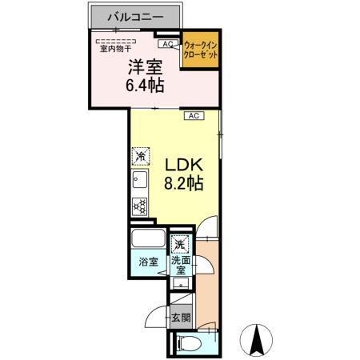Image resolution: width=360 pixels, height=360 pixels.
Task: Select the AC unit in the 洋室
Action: [x=169, y=44]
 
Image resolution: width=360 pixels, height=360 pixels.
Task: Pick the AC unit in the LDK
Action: [x=193, y=116]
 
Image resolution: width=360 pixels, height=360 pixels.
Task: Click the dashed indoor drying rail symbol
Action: [x=117, y=40]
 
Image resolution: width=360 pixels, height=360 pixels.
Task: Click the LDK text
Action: [x=185, y=164]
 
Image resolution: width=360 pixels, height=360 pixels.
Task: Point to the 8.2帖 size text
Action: [x=185, y=183]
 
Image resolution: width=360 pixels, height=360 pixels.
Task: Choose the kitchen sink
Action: [x=139, y=181]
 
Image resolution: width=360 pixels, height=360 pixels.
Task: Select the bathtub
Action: [x=147, y=239]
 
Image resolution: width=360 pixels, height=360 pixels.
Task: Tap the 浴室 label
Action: [x=147, y=262]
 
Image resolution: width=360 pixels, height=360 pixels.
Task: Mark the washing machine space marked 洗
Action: [x=181, y=243]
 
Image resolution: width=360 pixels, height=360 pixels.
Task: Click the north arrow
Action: [x=258, y=340]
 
